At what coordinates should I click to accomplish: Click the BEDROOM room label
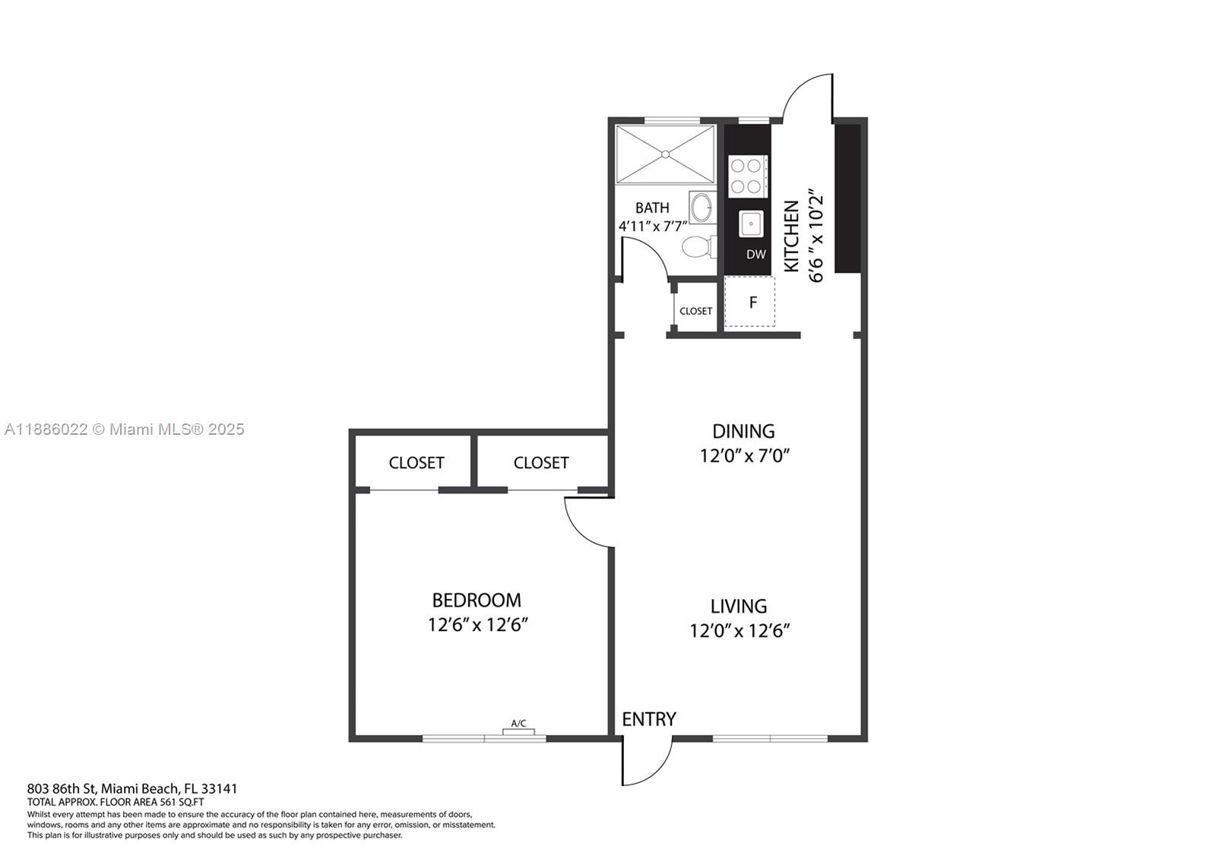click(477, 600)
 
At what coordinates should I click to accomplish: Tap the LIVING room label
click(738, 606)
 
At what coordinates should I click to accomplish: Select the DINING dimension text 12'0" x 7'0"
click(745, 456)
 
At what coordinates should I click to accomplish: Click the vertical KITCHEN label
click(791, 236)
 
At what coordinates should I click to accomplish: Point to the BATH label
click(652, 208)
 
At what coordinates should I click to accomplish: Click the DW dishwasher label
click(755, 255)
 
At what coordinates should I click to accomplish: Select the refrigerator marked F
click(752, 303)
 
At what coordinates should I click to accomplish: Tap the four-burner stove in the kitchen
click(746, 176)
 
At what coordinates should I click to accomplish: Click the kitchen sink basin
click(751, 223)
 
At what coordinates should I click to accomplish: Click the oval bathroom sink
click(702, 207)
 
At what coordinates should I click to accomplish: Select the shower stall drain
click(666, 154)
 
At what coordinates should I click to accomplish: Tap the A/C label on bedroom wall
click(518, 724)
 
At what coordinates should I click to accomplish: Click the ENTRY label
click(648, 719)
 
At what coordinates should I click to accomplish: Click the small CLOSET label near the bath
click(695, 311)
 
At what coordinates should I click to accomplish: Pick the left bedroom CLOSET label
click(416, 462)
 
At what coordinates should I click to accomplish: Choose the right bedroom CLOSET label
click(540, 462)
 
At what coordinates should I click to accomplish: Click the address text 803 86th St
click(62, 788)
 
